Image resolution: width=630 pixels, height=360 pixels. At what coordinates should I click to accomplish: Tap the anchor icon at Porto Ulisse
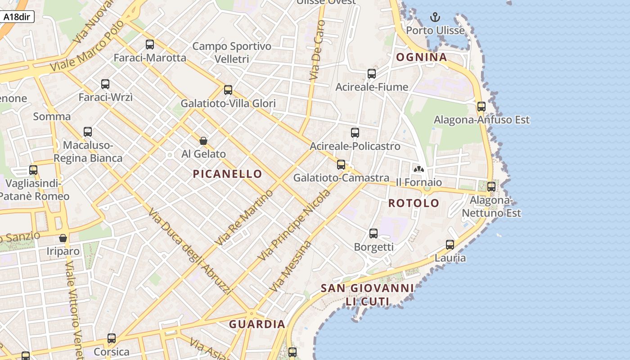(x=435, y=18)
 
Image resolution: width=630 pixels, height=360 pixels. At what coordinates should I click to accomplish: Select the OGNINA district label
(x=421, y=57)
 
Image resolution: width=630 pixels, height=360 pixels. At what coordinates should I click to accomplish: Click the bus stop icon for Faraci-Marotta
(x=150, y=45)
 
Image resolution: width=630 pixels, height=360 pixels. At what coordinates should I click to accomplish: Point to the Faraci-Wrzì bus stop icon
(x=105, y=84)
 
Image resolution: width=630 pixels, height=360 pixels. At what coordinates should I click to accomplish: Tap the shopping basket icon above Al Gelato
(x=203, y=141)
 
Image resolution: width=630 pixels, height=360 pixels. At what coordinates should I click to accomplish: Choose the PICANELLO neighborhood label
(x=227, y=174)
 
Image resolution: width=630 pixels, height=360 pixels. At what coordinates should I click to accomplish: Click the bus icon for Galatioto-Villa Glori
(x=228, y=90)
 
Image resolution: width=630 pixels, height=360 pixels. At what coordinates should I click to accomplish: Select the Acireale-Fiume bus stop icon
(x=372, y=74)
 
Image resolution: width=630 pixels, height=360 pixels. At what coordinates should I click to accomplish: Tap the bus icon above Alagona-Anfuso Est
(x=481, y=107)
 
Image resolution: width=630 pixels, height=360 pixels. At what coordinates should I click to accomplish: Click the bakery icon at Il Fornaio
(x=419, y=170)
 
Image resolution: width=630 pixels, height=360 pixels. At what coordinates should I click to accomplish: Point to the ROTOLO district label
(x=414, y=203)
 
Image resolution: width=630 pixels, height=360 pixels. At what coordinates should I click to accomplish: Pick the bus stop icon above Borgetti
(x=373, y=234)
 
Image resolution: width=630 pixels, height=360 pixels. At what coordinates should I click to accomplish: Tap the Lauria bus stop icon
(x=450, y=245)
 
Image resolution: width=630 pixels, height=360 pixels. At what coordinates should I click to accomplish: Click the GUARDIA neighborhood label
(x=257, y=324)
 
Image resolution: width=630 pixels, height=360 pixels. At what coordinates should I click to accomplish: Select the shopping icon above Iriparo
(x=63, y=238)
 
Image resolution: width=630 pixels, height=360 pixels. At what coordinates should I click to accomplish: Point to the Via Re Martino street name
(x=244, y=218)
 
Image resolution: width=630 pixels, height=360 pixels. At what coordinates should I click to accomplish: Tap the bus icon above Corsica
(x=112, y=338)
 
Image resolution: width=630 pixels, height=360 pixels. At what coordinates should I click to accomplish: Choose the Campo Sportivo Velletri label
(x=232, y=52)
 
